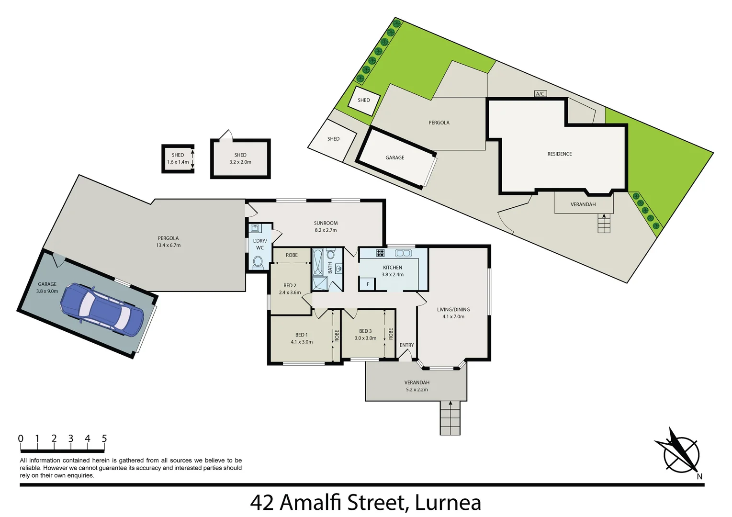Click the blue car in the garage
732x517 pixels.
pyautogui.click(x=101, y=310)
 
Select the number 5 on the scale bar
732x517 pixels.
pyautogui.click(x=104, y=438)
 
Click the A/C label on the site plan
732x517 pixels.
pyautogui.click(x=540, y=94)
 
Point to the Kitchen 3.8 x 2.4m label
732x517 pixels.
pyautogui.click(x=393, y=271)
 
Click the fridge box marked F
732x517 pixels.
pyautogui.click(x=368, y=284)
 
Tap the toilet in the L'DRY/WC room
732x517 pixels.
pyautogui.click(x=258, y=262)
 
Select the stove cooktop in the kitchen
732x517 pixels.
pyautogui.click(x=380, y=253)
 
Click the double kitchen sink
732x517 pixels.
pyautogui.click(x=403, y=253)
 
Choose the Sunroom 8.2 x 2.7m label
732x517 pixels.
pyautogui.click(x=326, y=226)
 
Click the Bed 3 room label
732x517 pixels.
pyautogui.click(x=365, y=334)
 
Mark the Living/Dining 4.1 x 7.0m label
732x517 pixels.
pyautogui.click(x=453, y=313)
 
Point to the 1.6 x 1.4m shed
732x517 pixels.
pyautogui.click(x=178, y=158)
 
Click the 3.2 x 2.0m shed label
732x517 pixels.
pyautogui.click(x=240, y=158)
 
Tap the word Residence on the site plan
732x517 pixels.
pyautogui.click(x=560, y=154)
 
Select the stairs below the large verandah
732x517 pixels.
pyautogui.click(x=450, y=418)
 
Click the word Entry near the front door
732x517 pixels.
pyautogui.click(x=406, y=345)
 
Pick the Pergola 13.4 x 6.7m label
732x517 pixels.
pyautogui.click(x=169, y=242)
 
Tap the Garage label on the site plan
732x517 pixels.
pyautogui.click(x=395, y=157)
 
